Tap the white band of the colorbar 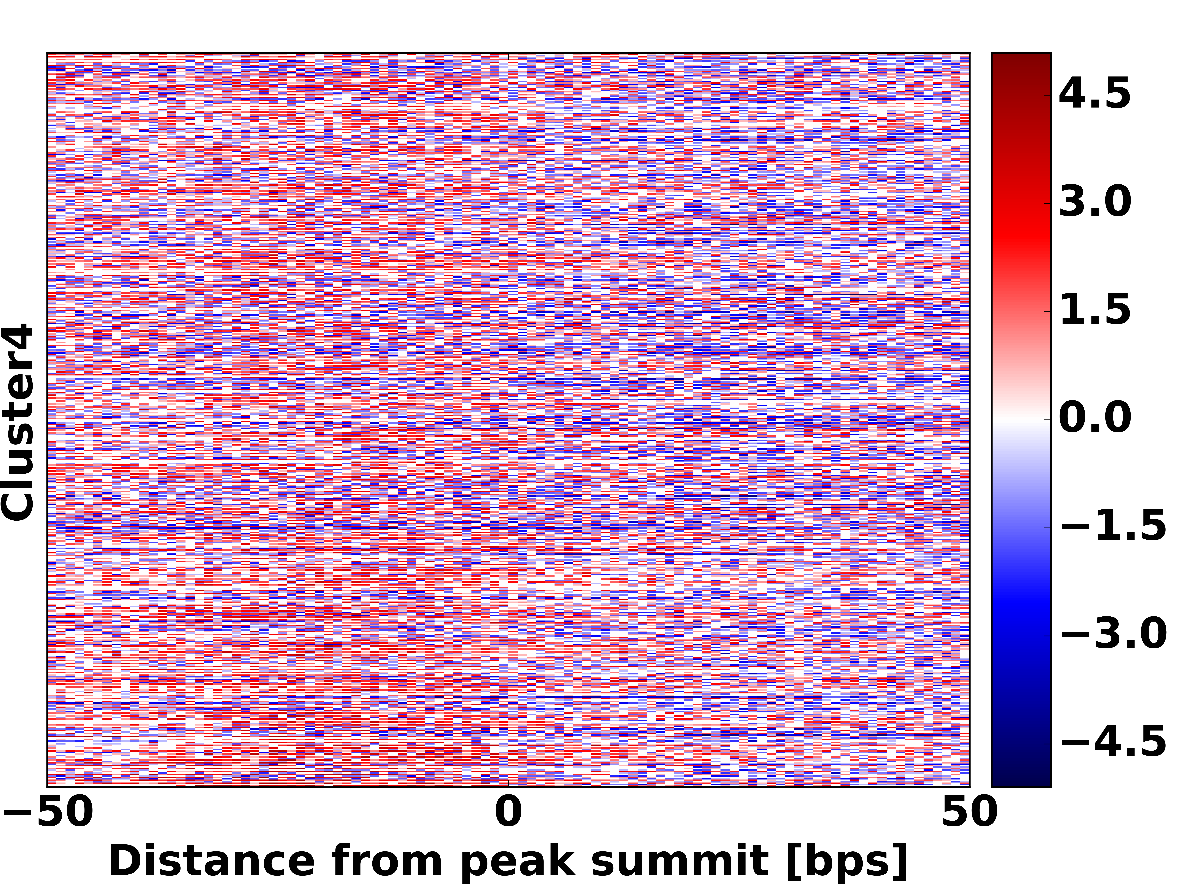[1021, 419]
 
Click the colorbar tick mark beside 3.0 [1048, 204]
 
